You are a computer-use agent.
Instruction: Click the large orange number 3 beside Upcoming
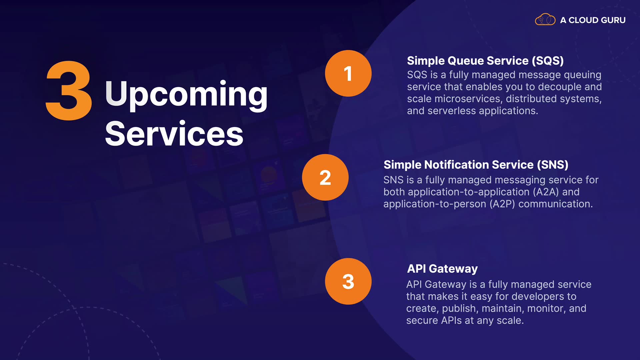coord(69,90)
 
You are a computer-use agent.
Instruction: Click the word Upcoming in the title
coord(186,95)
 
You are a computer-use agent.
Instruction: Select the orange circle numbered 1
coord(348,73)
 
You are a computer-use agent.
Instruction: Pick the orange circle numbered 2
coord(325,177)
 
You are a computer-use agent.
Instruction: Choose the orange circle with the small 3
coord(348,281)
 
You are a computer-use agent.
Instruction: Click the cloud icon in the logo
coord(545,20)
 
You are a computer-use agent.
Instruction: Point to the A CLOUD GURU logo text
coord(593,20)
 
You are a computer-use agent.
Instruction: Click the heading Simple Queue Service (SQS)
coord(485,61)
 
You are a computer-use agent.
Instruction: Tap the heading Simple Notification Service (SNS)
coord(476,165)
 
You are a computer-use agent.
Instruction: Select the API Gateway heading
coord(442,269)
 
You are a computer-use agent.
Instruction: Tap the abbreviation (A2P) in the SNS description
coord(502,204)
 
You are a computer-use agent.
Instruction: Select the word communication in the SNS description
coord(555,204)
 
